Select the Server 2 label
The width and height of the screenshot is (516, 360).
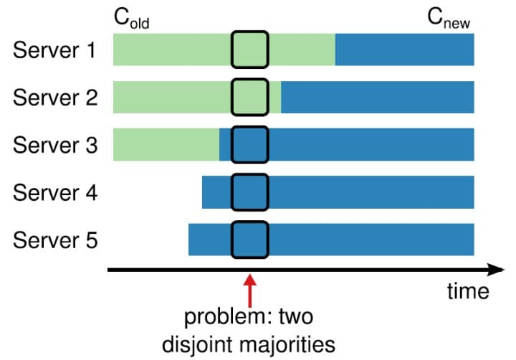click(54, 98)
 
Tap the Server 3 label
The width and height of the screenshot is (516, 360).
click(54, 146)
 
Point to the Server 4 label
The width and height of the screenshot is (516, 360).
click(54, 193)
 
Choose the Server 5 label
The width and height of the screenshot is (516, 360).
click(54, 240)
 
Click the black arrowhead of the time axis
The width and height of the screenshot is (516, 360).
click(496, 270)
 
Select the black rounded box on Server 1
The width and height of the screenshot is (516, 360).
click(249, 49)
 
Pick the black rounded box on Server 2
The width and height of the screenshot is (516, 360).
click(249, 97)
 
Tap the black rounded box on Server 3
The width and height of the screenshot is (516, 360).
click(249, 145)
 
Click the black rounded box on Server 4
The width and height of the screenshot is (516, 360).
click(249, 192)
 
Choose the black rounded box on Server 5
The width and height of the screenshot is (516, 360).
click(249, 240)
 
